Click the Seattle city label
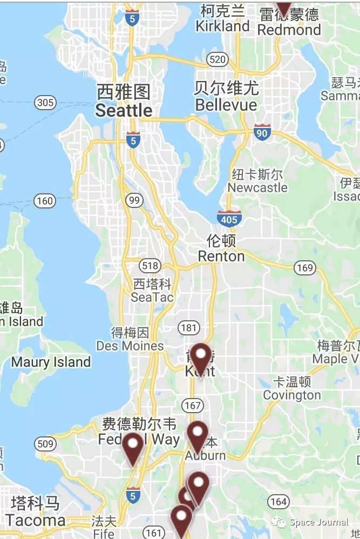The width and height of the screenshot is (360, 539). [x=124, y=110]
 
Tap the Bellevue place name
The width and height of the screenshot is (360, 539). [x=226, y=104]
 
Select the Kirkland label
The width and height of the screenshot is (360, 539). [x=222, y=26]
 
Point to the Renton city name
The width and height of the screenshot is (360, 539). [x=221, y=255]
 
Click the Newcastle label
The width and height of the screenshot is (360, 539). [x=257, y=187]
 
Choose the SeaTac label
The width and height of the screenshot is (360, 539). [x=152, y=297]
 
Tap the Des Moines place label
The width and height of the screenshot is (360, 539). [x=130, y=346]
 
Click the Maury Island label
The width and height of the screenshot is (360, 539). [x=51, y=362]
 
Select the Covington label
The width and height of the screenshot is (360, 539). [x=292, y=395]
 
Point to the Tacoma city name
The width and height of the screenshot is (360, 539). [x=36, y=520]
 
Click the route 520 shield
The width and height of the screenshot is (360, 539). [x=217, y=59]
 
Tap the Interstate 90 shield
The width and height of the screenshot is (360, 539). [x=262, y=131]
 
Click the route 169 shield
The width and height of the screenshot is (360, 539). [x=305, y=267]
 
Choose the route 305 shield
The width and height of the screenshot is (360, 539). [x=45, y=102]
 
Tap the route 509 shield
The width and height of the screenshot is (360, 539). [x=46, y=444]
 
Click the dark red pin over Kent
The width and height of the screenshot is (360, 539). [x=201, y=356]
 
